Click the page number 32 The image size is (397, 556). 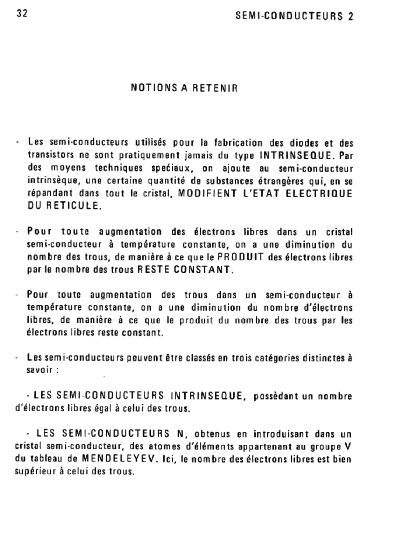point(22,13)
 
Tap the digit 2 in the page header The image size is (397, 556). point(350,16)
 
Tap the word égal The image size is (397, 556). point(98,409)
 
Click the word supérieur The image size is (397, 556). point(35,472)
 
